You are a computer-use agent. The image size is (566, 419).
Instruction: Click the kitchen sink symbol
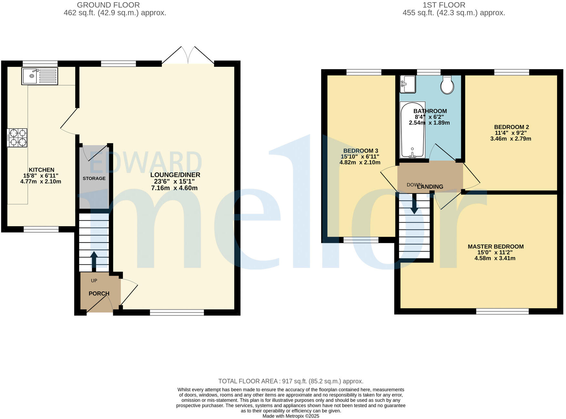[x=39, y=76]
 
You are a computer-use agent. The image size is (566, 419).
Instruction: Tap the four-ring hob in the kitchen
[x=17, y=138]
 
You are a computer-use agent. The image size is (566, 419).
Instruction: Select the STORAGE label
[x=94, y=178]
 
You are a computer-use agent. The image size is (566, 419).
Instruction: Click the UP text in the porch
[x=94, y=281]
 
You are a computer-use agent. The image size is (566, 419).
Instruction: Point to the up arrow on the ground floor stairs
[x=94, y=259]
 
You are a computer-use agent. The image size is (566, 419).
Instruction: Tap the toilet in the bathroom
[x=447, y=85]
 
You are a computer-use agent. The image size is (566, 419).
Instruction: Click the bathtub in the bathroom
[x=412, y=130]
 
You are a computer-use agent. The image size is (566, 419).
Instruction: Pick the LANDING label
[x=430, y=187]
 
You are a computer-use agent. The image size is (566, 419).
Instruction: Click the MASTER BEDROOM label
[x=495, y=247]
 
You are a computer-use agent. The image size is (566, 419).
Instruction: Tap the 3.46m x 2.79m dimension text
[x=511, y=139]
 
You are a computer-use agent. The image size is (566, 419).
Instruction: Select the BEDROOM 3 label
[x=360, y=151]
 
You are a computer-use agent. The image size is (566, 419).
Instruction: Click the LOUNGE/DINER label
[x=175, y=175]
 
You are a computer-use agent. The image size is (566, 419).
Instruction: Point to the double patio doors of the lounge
[x=188, y=56]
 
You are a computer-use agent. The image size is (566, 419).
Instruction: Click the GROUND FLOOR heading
[x=108, y=5]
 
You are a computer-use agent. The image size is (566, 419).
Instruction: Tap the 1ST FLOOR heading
[x=444, y=5]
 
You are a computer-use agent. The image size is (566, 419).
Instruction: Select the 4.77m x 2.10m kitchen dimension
[x=41, y=182]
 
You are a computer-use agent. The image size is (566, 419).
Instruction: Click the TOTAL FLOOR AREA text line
[x=291, y=381]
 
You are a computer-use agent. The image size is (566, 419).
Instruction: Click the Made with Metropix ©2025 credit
[x=291, y=416]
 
